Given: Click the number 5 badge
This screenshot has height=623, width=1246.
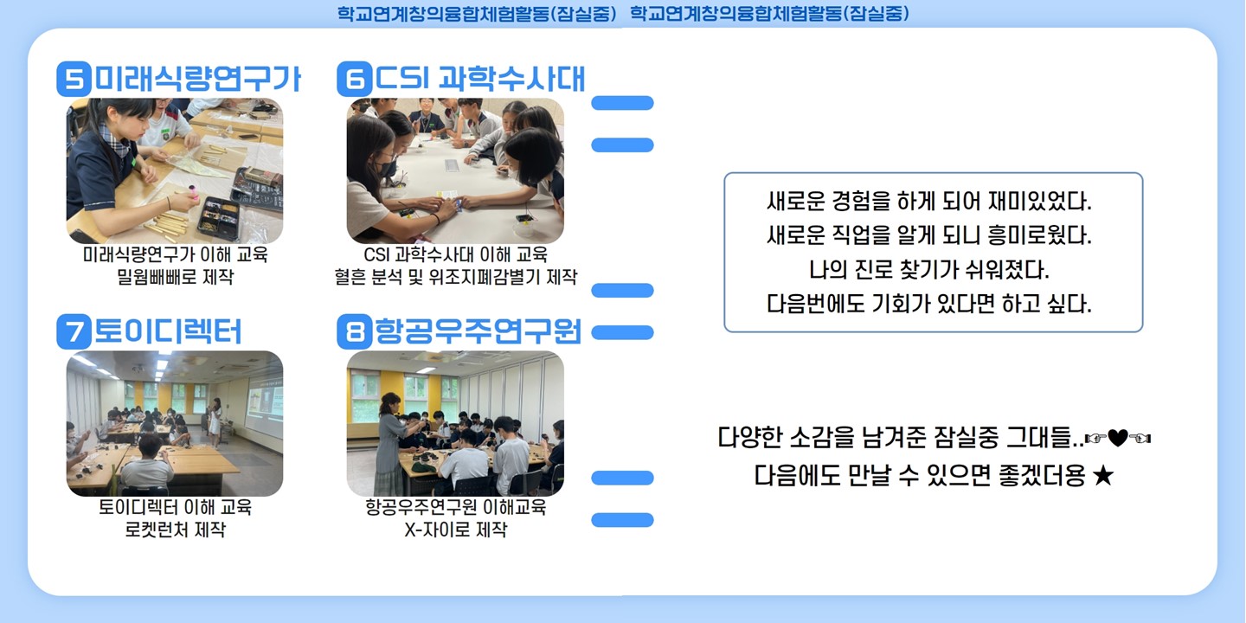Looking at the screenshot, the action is pyautogui.click(x=74, y=79).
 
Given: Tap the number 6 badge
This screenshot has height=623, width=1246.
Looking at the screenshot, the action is pyautogui.click(x=355, y=79).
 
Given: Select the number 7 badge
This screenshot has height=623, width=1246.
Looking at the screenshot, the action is pyautogui.click(x=74, y=331).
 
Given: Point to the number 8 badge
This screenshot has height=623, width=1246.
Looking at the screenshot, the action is pyautogui.click(x=355, y=331).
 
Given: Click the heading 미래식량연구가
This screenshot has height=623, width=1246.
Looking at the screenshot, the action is pyautogui.click(x=198, y=79).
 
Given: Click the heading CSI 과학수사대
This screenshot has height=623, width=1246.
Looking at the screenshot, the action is pyautogui.click(x=480, y=79).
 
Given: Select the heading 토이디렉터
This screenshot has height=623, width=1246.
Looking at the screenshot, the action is pyautogui.click(x=168, y=331).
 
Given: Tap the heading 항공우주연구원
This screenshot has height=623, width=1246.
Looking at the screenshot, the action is pyautogui.click(x=478, y=331).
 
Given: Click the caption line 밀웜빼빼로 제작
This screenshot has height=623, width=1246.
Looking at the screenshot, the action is pyautogui.click(x=175, y=277).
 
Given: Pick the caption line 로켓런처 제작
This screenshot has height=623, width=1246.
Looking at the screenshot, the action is pyautogui.click(x=175, y=529).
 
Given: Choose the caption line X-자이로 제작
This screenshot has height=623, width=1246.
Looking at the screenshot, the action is pyautogui.click(x=455, y=529).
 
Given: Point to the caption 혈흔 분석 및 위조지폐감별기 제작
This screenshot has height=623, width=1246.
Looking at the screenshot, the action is pyautogui.click(x=455, y=277).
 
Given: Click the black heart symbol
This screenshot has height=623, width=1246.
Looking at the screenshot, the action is pyautogui.click(x=1118, y=439).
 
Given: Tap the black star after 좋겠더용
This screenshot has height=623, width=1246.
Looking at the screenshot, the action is pyautogui.click(x=1102, y=476).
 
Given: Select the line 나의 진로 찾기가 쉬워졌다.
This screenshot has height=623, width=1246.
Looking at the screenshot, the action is pyautogui.click(x=929, y=270).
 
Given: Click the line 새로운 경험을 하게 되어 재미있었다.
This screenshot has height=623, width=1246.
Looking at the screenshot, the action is pyautogui.click(x=929, y=202).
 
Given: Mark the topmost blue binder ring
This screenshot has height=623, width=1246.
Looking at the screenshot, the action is pyautogui.click(x=622, y=103).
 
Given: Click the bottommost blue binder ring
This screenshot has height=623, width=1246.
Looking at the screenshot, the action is pyautogui.click(x=622, y=520).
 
